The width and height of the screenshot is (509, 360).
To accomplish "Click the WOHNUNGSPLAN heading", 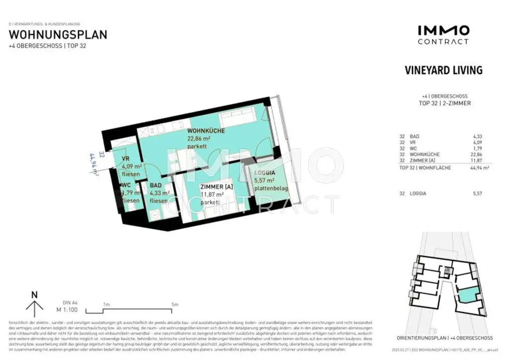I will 58,35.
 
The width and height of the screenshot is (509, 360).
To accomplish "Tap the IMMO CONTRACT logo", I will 443,35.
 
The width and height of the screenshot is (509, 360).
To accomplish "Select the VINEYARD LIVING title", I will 444,70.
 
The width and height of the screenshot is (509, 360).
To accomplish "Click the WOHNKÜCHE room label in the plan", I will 206,131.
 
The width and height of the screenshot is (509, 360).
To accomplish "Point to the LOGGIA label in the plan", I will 265,173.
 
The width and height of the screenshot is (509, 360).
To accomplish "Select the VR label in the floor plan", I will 126,159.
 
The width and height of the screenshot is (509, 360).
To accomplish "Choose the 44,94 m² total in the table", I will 478,168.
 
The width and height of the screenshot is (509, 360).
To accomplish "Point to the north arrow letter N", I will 34,294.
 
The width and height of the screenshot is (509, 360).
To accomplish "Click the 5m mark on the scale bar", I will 174,304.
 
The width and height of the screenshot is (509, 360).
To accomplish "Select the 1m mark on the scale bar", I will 106,304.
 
